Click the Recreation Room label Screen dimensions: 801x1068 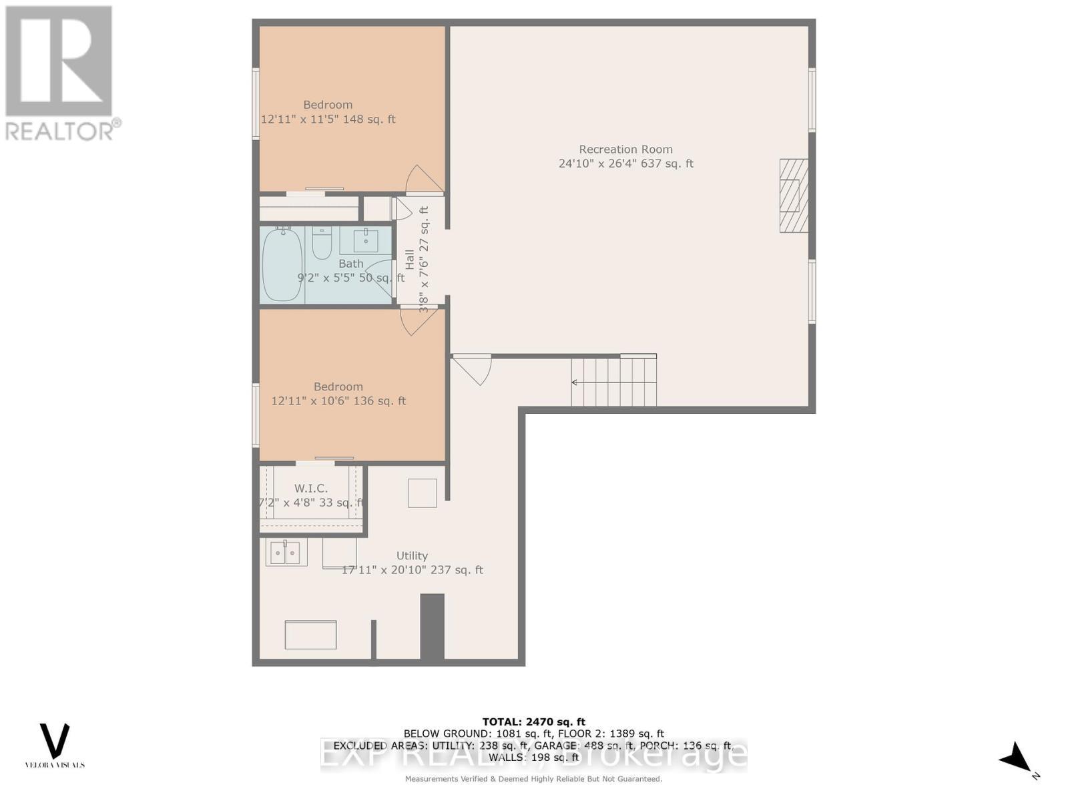coord(625,150)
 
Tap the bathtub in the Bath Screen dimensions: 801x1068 coord(282,265)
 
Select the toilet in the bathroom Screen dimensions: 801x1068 coord(322,244)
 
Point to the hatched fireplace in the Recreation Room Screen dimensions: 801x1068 coord(794,196)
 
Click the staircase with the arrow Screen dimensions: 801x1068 coord(613,382)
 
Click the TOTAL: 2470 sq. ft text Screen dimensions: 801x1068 coord(533,722)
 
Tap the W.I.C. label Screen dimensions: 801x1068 coord(311,489)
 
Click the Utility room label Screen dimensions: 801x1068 coord(412,555)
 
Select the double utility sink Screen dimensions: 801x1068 coord(286,553)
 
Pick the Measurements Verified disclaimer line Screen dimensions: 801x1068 coord(533,779)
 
